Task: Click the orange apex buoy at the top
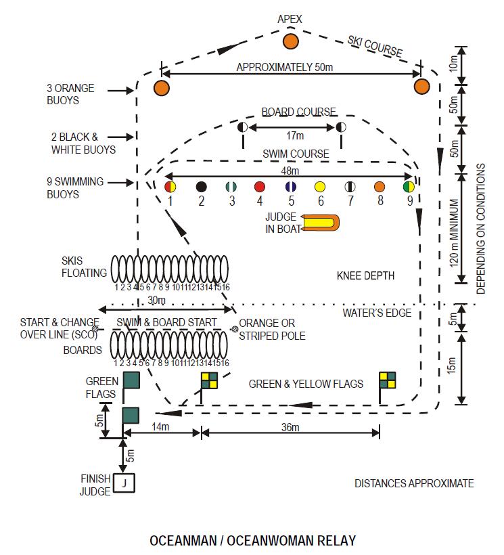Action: [290, 41]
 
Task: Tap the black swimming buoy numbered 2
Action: [201, 186]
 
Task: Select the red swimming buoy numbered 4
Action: [259, 186]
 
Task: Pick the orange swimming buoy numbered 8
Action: [380, 186]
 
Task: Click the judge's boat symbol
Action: [321, 223]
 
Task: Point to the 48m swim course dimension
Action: [290, 172]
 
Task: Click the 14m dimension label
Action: [160, 428]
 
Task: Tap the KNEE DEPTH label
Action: [365, 275]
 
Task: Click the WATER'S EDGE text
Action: [372, 313]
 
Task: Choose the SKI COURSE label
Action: [375, 47]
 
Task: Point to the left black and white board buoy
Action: [242, 127]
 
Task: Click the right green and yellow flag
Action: [387, 380]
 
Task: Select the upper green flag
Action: [131, 380]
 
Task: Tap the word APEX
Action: [290, 20]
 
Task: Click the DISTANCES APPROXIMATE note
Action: [414, 483]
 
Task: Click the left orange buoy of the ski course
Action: [161, 87]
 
